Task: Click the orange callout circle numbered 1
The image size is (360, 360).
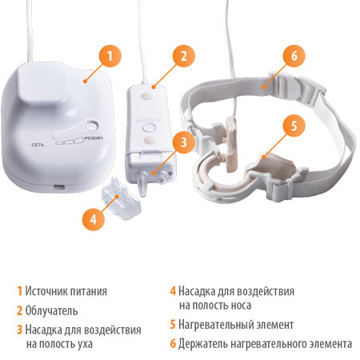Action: click(110, 56)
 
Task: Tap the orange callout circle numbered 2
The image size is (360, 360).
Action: click(184, 56)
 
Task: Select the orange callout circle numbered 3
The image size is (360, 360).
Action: click(184, 142)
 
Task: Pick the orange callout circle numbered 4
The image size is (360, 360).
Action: click(94, 219)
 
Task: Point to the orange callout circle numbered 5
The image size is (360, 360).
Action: click(294, 126)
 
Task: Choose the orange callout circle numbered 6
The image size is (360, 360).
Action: click(294, 56)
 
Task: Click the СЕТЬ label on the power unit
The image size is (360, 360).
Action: click(38, 145)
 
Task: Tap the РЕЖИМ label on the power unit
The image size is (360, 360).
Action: click(94, 138)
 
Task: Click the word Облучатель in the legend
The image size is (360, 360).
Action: click(51, 310)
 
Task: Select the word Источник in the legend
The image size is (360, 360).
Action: click(46, 291)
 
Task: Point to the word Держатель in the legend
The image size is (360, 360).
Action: click(202, 344)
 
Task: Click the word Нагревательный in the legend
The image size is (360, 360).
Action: click(215, 325)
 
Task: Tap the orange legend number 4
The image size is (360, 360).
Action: click(173, 291)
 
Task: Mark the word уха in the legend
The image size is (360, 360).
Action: click(85, 344)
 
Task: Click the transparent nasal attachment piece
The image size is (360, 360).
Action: click(122, 198)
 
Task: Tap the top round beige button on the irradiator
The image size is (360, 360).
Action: click(146, 95)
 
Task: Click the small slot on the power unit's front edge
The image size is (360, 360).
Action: click(60, 187)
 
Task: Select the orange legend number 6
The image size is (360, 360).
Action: click(173, 344)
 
